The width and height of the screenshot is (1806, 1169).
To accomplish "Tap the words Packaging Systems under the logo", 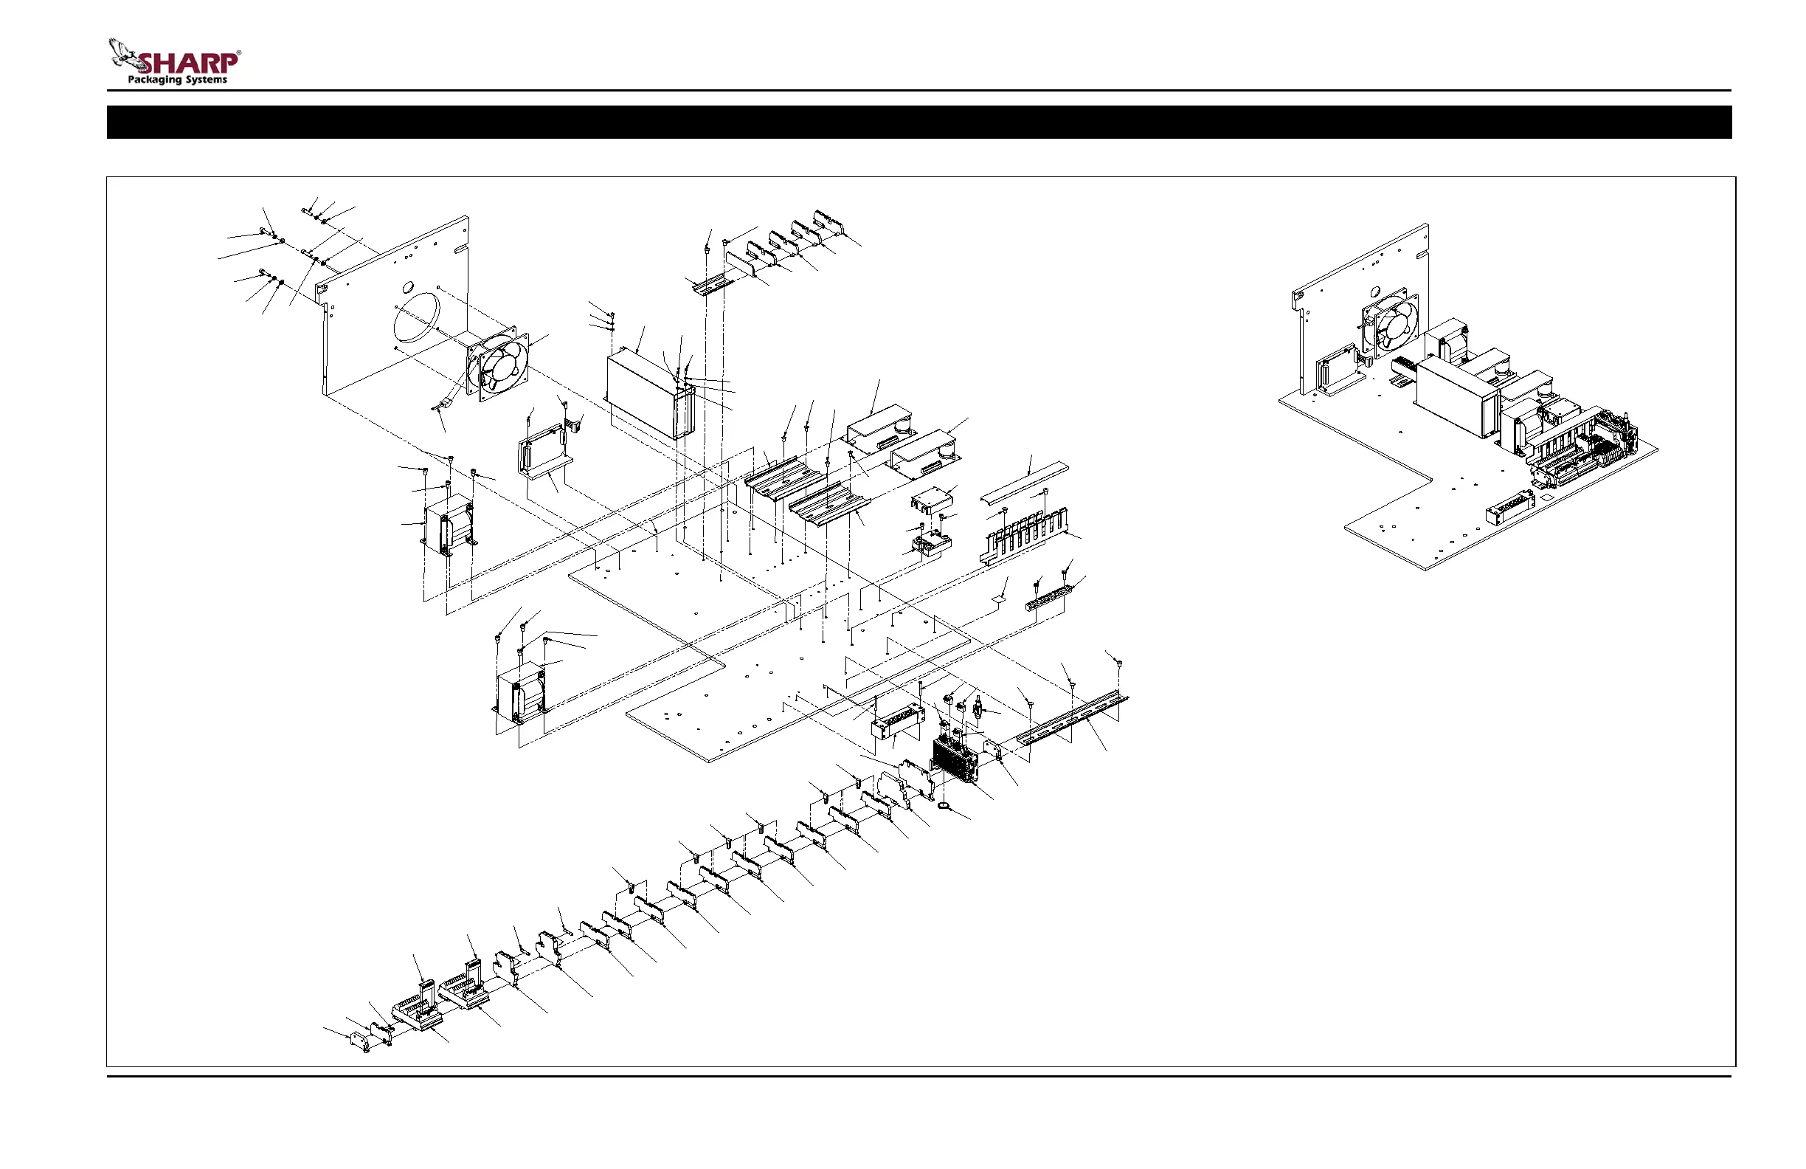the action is pyautogui.click(x=177, y=80).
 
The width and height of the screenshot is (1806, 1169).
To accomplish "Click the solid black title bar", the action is pyautogui.click(x=919, y=123).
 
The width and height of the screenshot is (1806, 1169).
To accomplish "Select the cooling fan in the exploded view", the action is pyautogui.click(x=499, y=364).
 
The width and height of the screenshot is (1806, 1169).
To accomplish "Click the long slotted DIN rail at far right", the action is pyautogui.click(x=1072, y=717).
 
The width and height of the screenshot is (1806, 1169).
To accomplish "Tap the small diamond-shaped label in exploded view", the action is pyautogui.click(x=1000, y=599).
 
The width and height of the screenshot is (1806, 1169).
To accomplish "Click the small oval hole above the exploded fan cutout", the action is pyautogui.click(x=408, y=287).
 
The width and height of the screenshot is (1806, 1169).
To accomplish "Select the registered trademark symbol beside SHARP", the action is pyautogui.click(x=239, y=53).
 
